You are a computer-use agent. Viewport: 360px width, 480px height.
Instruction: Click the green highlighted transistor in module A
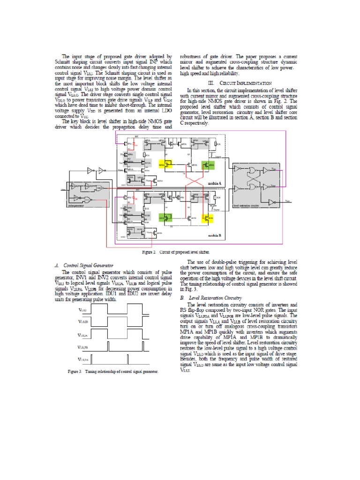click(207, 165)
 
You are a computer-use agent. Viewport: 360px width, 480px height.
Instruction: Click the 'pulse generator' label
click(76, 205)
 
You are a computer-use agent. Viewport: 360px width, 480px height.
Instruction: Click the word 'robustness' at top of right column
click(190, 56)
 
